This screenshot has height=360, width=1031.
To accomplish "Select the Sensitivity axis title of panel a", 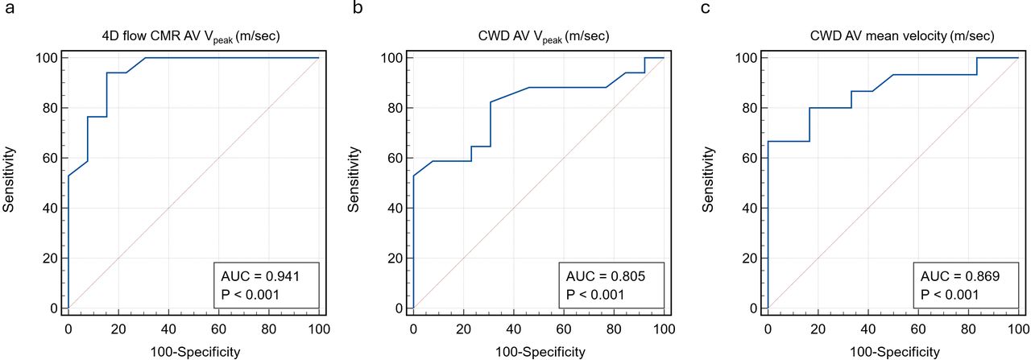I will coord(10,179).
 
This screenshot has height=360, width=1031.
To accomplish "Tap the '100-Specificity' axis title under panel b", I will coord(538,351).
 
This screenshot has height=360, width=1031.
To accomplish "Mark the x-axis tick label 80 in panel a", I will coord(269,329).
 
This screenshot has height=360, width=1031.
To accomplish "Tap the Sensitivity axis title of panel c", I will coord(709,179).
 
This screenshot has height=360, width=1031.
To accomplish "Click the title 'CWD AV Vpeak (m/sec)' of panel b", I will coord(538,35).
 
